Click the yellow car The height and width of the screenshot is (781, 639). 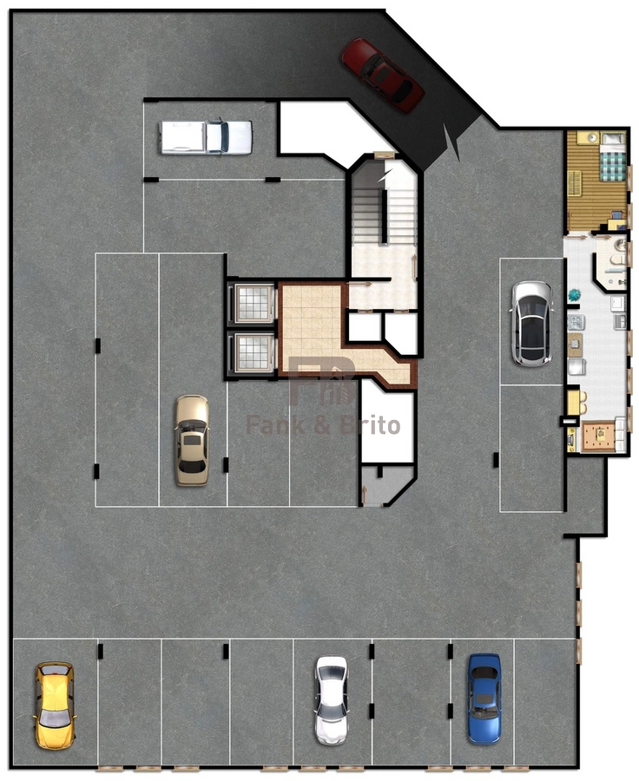point(55,705)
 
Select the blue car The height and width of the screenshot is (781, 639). point(484,699)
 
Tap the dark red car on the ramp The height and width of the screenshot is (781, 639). point(382,75)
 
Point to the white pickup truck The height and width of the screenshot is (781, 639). point(206,137)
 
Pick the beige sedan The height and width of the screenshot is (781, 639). point(192,440)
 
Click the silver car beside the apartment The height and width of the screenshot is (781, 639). point(532,324)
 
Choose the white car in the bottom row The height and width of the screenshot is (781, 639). point(332,699)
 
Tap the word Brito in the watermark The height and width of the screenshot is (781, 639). point(371,426)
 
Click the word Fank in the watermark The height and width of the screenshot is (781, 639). point(275,426)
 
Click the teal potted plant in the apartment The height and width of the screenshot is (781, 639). point(574,295)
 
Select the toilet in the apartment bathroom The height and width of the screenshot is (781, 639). point(618,260)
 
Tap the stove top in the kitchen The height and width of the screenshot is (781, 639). point(576,322)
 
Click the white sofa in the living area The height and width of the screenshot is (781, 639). point(621,435)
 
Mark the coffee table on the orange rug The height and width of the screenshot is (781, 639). point(601,435)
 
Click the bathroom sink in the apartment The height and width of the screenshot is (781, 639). point(620,245)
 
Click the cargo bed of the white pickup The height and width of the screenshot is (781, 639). point(182,137)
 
